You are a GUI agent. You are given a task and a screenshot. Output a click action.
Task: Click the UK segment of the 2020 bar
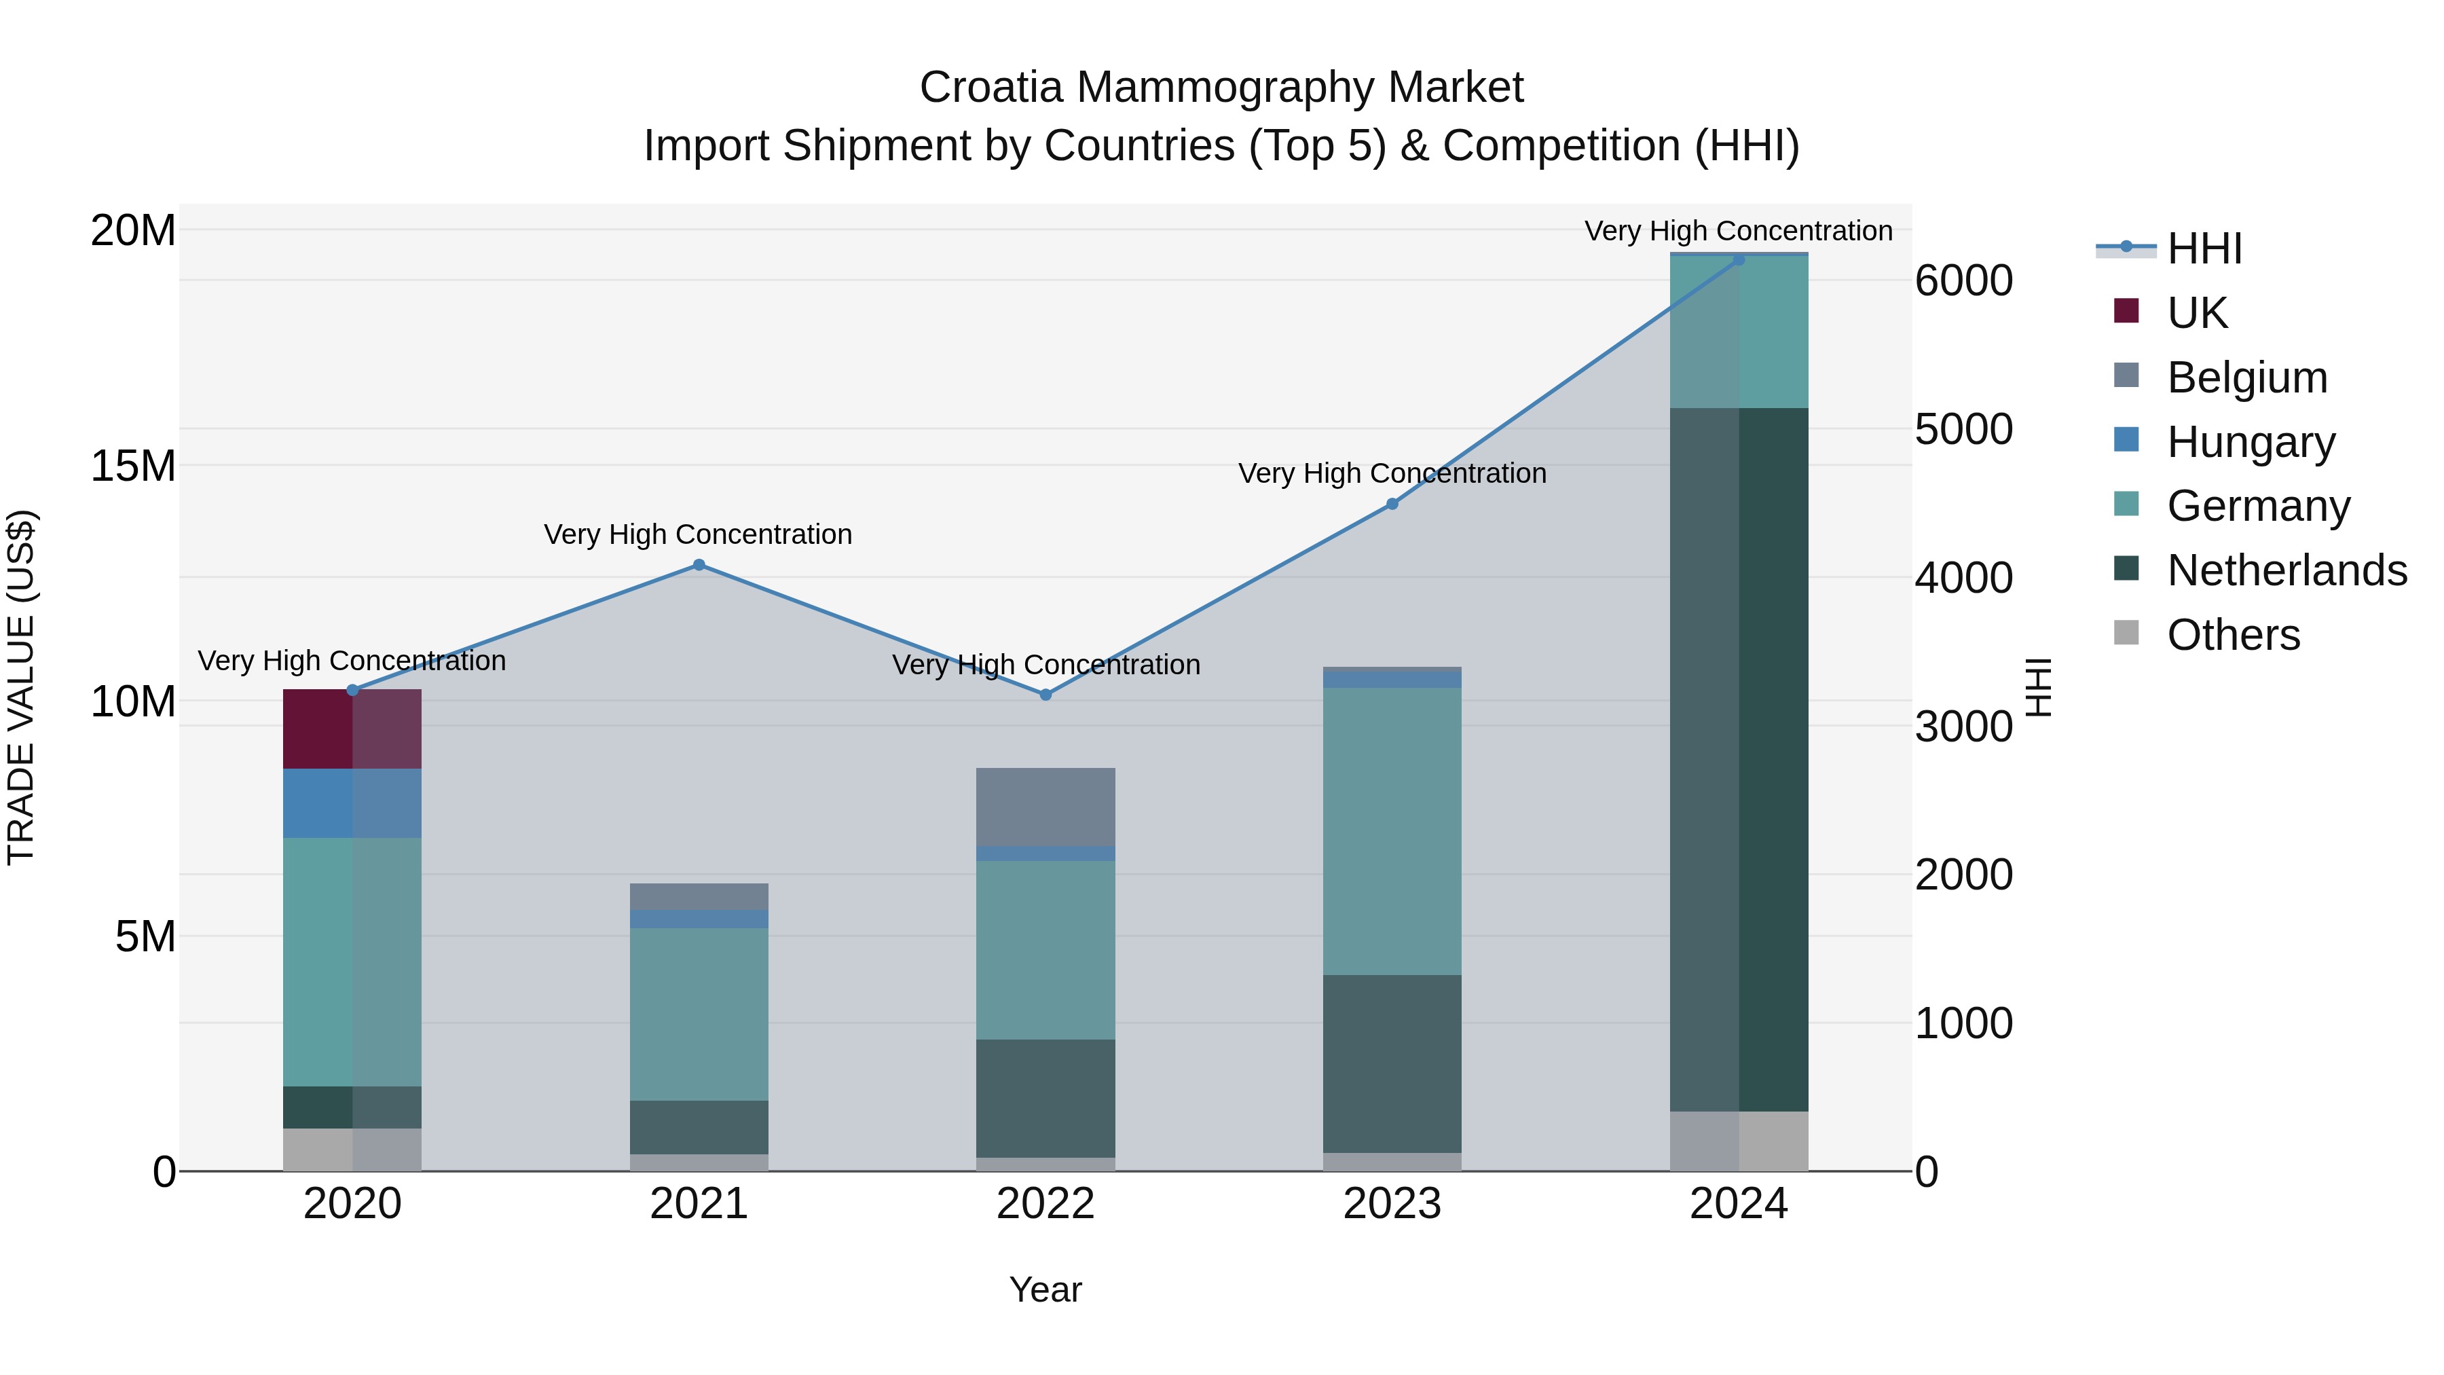[x=352, y=729]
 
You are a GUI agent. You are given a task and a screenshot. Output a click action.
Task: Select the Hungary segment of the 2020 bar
[x=352, y=803]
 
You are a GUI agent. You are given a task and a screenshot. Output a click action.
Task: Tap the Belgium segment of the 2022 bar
[x=1045, y=807]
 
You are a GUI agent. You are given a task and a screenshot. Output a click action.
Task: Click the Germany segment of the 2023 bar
[x=1392, y=830]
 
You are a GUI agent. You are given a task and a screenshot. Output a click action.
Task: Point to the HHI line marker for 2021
[x=699, y=565]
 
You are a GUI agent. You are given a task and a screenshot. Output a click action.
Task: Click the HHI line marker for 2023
[x=1392, y=504]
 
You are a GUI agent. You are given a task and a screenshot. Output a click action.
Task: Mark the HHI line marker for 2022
[x=1045, y=695]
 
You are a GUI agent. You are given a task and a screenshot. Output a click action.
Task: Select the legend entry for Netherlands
[x=2286, y=570]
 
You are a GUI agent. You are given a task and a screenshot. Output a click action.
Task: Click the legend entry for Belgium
[x=2246, y=378]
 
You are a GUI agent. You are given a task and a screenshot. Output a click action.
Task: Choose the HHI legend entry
[x=2204, y=249]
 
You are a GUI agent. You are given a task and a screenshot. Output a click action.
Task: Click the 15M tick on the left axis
[x=133, y=466]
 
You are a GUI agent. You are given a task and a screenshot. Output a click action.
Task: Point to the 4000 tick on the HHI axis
[x=1963, y=578]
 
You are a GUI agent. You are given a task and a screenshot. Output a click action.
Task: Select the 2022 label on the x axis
[x=1045, y=1204]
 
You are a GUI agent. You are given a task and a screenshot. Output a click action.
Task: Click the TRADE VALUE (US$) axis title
[x=21, y=687]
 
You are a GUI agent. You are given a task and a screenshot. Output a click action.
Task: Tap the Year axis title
[x=1045, y=1289]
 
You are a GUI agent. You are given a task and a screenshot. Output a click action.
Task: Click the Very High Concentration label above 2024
[x=1738, y=231]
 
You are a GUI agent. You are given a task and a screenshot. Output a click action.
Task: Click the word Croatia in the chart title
[x=990, y=88]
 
